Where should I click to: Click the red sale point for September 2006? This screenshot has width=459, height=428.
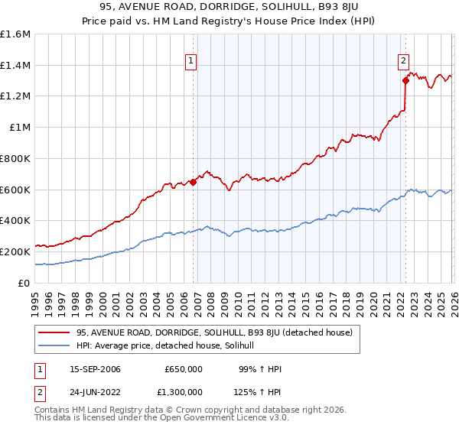coord(193,182)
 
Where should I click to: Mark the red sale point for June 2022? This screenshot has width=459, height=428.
coord(405,80)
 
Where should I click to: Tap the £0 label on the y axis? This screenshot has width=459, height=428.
coord(25,283)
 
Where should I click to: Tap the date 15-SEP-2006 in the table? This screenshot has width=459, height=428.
coord(94,369)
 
